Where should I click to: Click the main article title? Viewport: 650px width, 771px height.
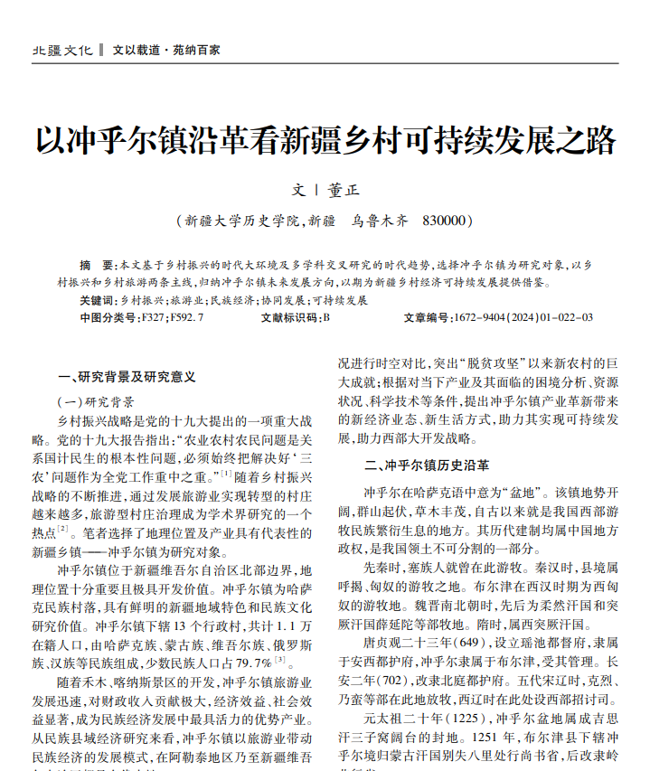click(x=325, y=141)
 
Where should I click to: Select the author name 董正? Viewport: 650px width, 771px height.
click(x=344, y=192)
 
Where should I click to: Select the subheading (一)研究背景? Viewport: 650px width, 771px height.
click(x=96, y=401)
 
